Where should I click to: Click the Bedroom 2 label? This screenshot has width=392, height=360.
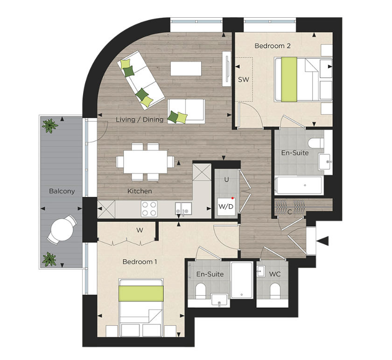point(273,46)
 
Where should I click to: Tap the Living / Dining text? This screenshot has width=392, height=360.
point(140,120)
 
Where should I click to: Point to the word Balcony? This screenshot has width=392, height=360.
point(62,191)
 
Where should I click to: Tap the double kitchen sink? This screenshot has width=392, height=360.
point(182,208)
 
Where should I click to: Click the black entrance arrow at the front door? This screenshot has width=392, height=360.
point(323,241)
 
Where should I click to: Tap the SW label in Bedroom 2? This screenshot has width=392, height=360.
point(243,80)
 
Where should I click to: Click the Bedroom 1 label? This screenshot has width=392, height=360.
point(140,262)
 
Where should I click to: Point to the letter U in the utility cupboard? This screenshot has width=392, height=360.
point(226,180)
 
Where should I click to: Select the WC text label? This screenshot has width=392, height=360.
point(275,274)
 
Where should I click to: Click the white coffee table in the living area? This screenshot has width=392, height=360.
point(186,69)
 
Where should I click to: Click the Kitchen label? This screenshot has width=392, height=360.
point(140,191)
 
